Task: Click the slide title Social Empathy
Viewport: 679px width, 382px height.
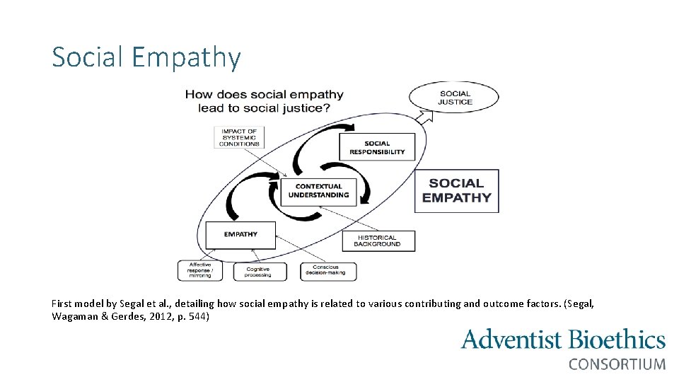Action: (146, 57)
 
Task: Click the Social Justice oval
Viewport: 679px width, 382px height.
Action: (455, 98)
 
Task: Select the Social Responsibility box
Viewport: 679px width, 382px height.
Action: (377, 147)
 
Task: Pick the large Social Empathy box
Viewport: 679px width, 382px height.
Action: (456, 190)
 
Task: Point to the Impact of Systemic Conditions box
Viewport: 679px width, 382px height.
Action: (238, 137)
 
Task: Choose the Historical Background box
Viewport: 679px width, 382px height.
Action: (378, 241)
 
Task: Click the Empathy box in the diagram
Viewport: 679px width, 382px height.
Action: (240, 234)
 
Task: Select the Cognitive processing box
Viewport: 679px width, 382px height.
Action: (260, 272)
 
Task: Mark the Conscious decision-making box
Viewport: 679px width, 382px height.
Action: (329, 271)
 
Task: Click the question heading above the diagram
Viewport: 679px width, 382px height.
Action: (264, 101)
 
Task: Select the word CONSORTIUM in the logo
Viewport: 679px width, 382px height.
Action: (617, 364)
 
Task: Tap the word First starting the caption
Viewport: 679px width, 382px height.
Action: (62, 303)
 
